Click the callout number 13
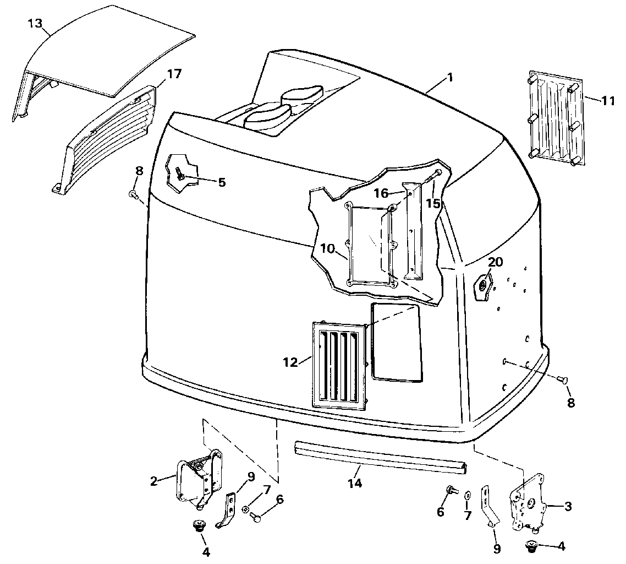coord(34,23)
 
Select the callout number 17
coord(174,73)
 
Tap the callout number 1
coord(449,78)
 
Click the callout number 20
coord(495,262)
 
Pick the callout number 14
coord(355,484)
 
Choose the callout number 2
coord(153,481)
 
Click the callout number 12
coord(290,362)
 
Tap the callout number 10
coord(327,248)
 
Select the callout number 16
coord(381,193)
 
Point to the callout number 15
coord(433,203)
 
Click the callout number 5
coord(222,182)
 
